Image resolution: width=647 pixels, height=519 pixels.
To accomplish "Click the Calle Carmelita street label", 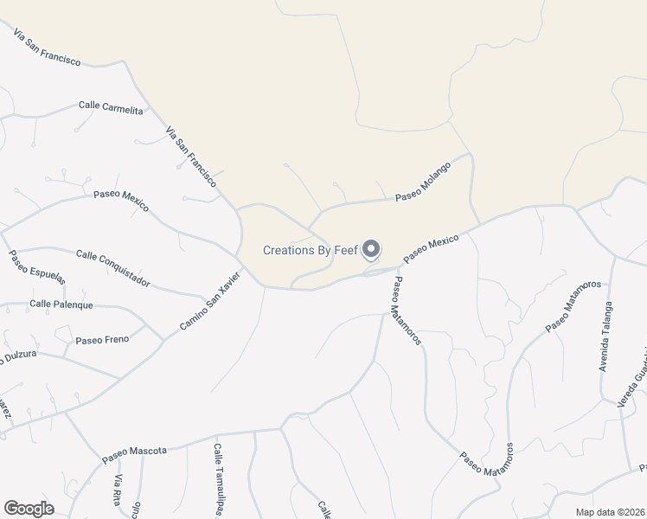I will coord(111,106).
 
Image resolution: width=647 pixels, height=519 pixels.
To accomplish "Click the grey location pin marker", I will coord(371,249).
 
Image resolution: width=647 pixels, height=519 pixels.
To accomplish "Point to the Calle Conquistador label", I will coord(112,268).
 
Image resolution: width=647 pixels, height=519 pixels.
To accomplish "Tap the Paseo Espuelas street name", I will coord(37,267).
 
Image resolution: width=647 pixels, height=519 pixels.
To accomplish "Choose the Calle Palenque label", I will coord(61,304).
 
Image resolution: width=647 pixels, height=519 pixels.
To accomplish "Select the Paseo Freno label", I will coord(102,339).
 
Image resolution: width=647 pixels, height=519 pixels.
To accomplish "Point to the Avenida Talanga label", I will coord(607,337).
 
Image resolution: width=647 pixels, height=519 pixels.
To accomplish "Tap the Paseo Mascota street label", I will coord(134,452).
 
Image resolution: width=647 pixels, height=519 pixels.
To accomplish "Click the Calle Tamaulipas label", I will coord(218,480).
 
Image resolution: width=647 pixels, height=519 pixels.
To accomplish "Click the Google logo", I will coord(29,509).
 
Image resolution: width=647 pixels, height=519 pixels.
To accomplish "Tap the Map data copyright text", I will coord(611,512).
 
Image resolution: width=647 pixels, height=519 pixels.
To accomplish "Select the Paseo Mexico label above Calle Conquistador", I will coord(121,201).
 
